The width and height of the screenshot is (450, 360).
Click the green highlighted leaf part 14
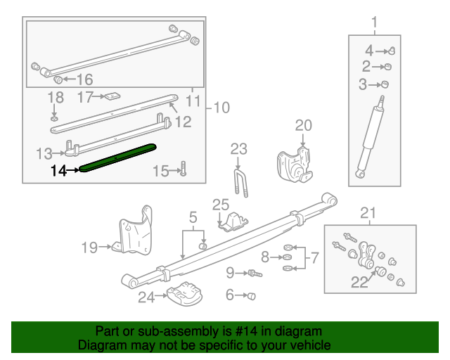click(x=117, y=157)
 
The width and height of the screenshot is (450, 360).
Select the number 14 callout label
click(x=58, y=169)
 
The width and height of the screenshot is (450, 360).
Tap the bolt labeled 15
click(x=182, y=169)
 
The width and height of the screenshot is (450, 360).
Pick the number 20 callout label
click(x=303, y=125)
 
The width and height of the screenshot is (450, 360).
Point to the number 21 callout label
click(x=368, y=213)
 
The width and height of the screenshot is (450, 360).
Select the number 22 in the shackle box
click(x=359, y=283)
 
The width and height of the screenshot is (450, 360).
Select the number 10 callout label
click(x=221, y=108)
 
